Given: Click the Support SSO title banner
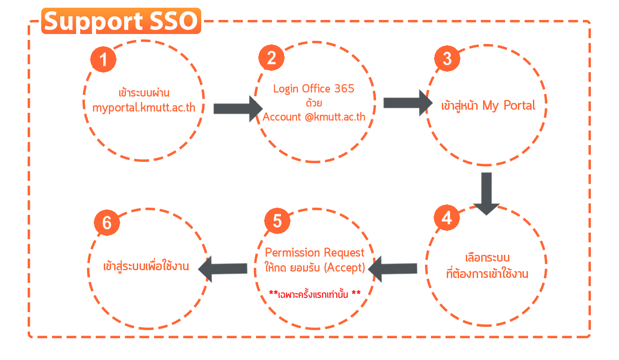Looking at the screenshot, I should tap(121, 21).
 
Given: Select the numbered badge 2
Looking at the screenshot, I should tap(271, 58).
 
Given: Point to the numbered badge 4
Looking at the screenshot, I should tap(447, 218).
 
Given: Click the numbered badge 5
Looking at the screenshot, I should tap(277, 221).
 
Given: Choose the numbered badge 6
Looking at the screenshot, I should tap(107, 223).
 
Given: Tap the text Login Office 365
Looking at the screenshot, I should tap(314, 89).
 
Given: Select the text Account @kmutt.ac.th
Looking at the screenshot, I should tap(314, 117).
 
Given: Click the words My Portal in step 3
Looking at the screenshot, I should tap(509, 106).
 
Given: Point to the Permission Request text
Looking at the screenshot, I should tap(314, 253).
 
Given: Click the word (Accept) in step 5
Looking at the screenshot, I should tap(344, 268).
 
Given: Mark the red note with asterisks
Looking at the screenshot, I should tap(315, 294).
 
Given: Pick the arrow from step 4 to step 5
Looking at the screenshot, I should tap(393, 269).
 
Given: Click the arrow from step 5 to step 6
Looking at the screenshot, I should tap(222, 268).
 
